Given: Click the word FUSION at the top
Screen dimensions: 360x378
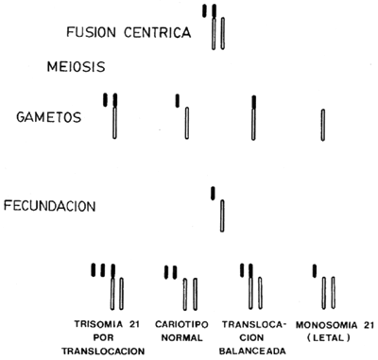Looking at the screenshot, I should pyautogui.click(x=91, y=34).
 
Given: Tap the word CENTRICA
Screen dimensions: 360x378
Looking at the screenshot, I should pyautogui.click(x=156, y=34).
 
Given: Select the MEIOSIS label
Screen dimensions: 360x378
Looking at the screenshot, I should pyautogui.click(x=74, y=67).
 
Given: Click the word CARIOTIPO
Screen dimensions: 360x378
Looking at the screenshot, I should pyautogui.click(x=181, y=322).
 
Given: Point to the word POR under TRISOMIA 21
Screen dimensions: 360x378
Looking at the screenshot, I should pyautogui.click(x=111, y=336).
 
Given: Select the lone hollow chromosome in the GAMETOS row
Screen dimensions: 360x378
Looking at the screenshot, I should pyautogui.click(x=322, y=127).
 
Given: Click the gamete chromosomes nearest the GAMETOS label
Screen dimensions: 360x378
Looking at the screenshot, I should pyautogui.click(x=112, y=118).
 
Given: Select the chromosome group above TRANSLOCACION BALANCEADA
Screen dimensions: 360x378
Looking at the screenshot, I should pyautogui.click(x=250, y=286).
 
